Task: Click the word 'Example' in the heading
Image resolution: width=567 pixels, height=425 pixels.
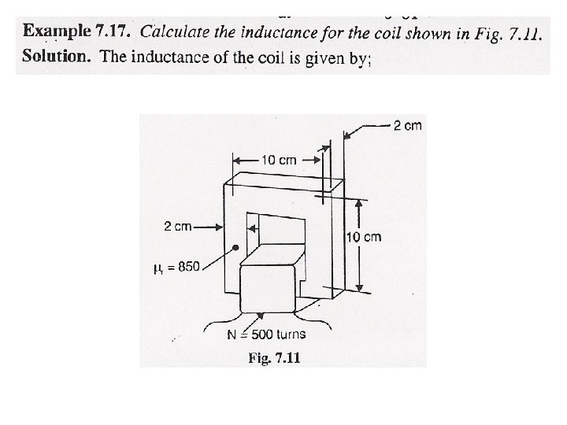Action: coord(56,33)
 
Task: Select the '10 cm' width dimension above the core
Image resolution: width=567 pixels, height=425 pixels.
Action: coord(278,160)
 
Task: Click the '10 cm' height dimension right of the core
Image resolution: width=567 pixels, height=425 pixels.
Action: coord(364,237)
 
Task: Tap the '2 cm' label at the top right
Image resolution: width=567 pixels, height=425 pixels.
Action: coord(407,125)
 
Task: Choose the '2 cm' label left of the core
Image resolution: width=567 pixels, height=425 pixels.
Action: coord(178,227)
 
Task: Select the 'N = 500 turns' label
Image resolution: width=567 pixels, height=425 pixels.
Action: coord(266,334)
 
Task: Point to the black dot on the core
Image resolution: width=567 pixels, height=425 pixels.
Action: coord(235,247)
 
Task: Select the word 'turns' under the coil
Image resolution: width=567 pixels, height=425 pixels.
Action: coord(289,334)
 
